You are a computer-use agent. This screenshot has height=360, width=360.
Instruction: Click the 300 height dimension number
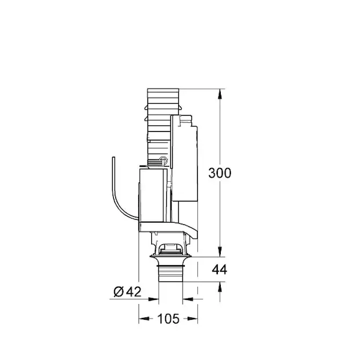220,173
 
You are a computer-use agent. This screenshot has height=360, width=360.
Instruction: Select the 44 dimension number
220,269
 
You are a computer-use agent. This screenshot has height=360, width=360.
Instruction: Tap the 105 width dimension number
168,319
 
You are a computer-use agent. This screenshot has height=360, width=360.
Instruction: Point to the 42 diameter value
134,292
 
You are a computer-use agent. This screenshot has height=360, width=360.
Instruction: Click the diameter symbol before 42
119,292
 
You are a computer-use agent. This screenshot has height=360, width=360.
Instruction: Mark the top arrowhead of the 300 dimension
220,94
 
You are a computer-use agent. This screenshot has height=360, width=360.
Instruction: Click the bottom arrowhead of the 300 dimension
220,251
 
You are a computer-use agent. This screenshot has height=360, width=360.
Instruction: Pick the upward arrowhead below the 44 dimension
220,287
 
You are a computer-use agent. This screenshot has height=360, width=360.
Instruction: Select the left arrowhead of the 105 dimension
144,319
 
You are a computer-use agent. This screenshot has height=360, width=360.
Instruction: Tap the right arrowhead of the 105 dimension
192,319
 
